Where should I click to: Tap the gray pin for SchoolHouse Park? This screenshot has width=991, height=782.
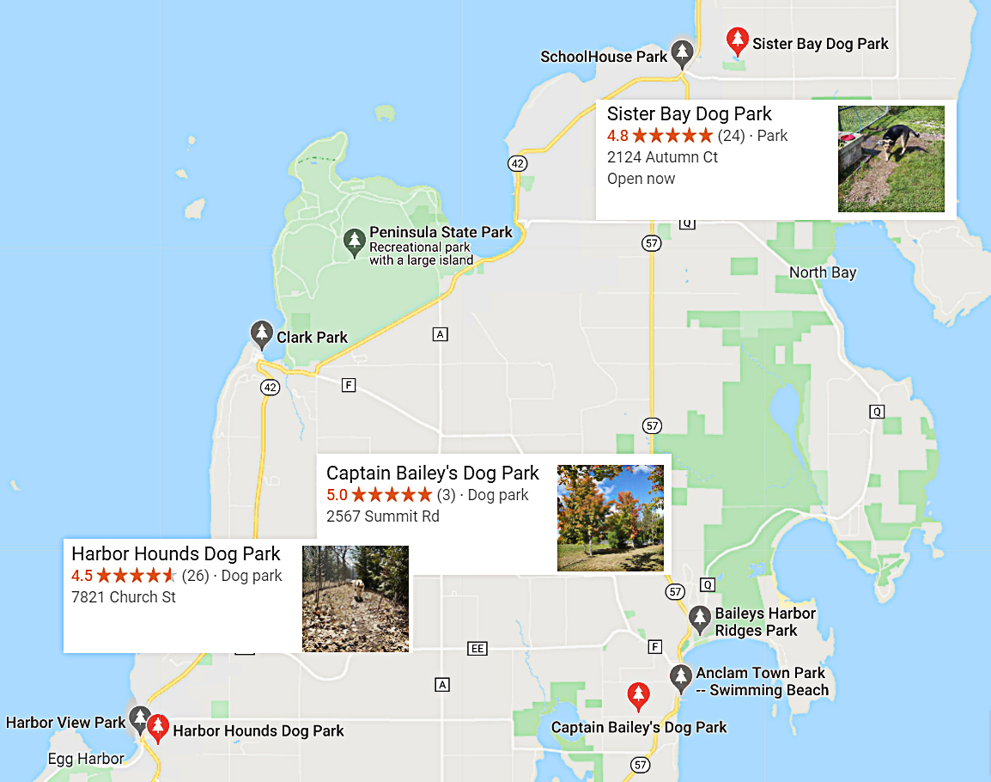(682, 54)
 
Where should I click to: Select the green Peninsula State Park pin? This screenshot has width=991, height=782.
(354, 242)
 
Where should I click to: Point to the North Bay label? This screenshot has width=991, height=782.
(823, 272)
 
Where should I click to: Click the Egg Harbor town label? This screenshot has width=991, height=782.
(86, 759)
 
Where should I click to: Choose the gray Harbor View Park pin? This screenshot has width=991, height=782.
(139, 719)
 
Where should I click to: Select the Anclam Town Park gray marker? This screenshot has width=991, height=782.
(681, 678)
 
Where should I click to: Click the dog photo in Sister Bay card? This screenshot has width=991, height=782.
(891, 159)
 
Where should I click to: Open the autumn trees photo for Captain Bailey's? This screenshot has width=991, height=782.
(610, 517)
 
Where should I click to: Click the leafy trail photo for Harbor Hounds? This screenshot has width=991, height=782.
(355, 598)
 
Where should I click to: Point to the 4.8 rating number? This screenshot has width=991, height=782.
(617, 136)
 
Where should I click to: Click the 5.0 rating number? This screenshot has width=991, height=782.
(337, 495)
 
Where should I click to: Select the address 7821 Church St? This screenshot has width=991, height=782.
(124, 596)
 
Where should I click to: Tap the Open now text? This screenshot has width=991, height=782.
(641, 179)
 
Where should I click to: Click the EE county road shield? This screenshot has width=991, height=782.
(477, 648)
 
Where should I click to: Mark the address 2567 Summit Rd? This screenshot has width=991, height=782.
(382, 516)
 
